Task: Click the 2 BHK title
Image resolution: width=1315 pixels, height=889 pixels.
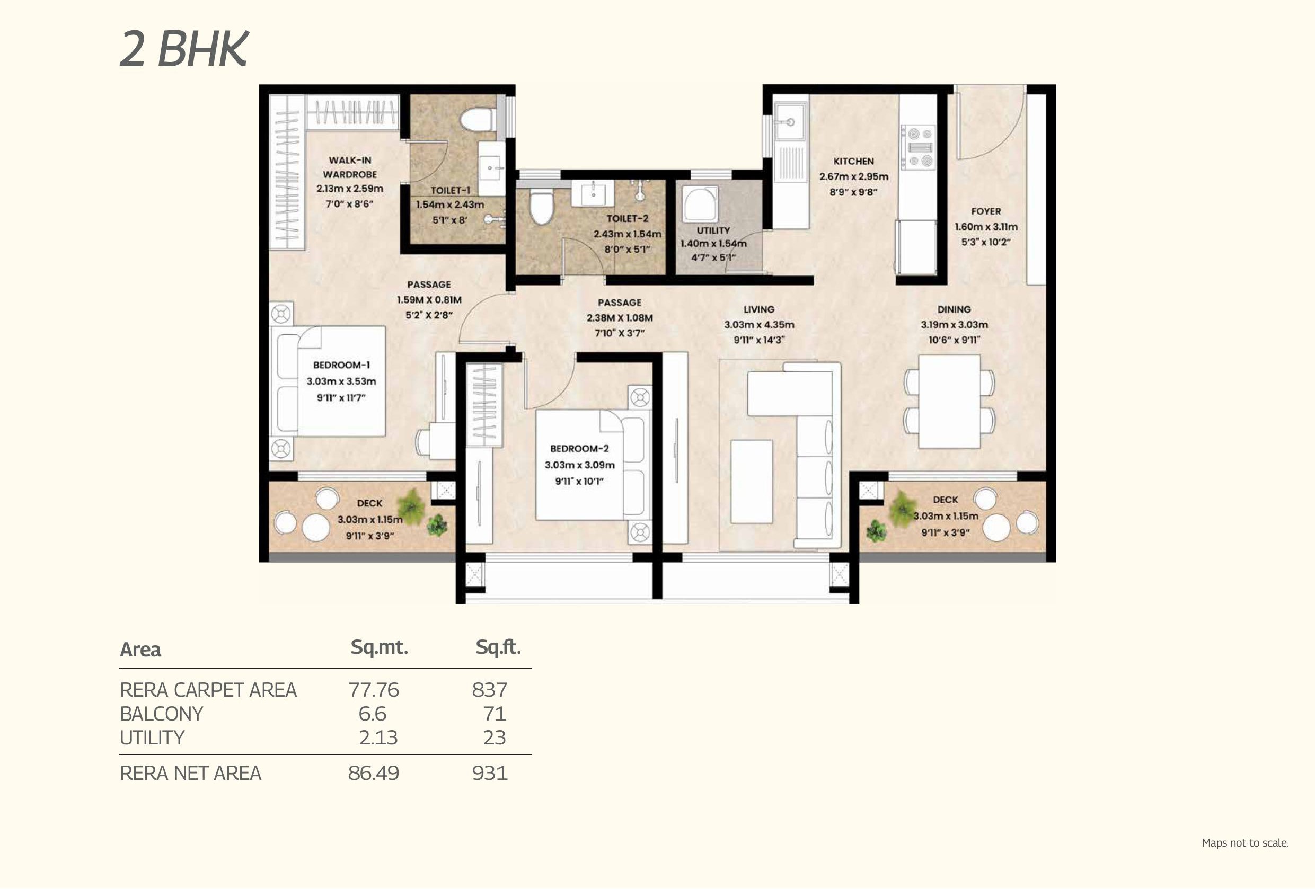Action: (x=184, y=49)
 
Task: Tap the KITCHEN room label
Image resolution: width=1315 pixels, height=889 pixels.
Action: (x=853, y=161)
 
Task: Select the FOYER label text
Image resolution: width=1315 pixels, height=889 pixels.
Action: (x=986, y=211)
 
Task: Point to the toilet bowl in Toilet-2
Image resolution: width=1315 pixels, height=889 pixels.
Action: (x=541, y=208)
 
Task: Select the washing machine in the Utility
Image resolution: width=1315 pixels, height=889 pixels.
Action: (x=701, y=203)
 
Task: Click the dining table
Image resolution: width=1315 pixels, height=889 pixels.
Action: (x=949, y=402)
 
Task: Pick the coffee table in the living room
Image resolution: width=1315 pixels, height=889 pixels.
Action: (x=752, y=481)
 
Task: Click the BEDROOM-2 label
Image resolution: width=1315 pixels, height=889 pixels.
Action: (x=579, y=448)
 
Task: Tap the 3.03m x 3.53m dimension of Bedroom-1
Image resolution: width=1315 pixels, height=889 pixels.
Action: (x=341, y=381)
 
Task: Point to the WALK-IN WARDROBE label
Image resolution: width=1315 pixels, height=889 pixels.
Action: (x=350, y=167)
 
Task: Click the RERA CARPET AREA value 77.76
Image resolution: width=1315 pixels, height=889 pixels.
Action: (x=374, y=690)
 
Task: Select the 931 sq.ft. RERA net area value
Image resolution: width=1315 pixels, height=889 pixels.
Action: (x=489, y=773)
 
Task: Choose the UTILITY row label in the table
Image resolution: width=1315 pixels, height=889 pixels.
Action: (x=152, y=737)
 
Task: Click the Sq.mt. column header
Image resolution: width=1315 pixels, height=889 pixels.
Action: (x=379, y=647)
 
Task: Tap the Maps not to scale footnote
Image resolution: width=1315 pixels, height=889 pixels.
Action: (x=1245, y=842)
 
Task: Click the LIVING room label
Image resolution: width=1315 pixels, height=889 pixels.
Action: (x=759, y=309)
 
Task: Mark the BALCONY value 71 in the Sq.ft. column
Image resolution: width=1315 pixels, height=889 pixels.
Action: (x=494, y=714)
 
